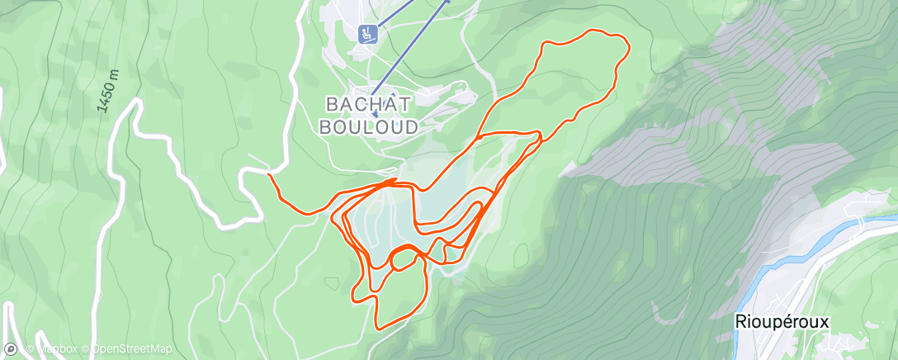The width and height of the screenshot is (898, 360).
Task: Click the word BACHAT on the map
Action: coord(369,105)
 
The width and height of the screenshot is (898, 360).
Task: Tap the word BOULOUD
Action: coord(368,126)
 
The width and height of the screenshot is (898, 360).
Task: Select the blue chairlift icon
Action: coord(367,34)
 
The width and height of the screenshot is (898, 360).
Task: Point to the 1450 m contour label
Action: coord(108,92)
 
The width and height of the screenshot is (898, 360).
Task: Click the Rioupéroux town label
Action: coord(781,322)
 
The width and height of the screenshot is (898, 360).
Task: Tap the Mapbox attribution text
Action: coord(57,349)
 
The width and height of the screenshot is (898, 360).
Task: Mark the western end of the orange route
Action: coord(270,174)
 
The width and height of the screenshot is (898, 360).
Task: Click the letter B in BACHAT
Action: coord(333,105)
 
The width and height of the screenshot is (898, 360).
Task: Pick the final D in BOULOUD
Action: coord(410,126)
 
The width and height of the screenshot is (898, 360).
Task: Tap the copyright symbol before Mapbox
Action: coord(31,349)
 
